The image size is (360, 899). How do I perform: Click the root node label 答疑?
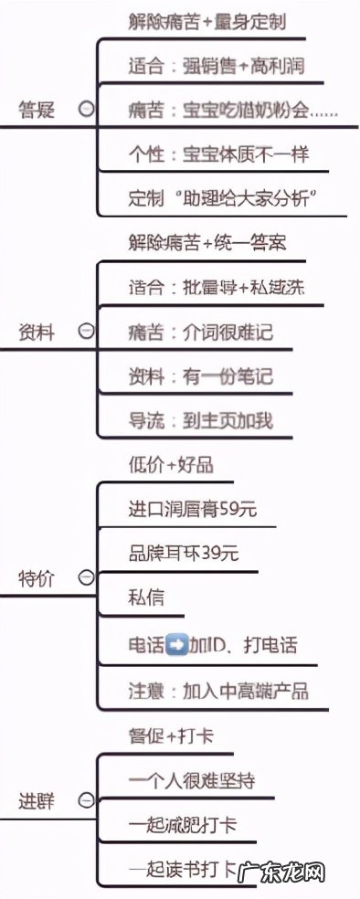[37, 111]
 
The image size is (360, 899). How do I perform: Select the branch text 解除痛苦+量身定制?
[207, 21]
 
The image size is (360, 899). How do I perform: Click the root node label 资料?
[37, 333]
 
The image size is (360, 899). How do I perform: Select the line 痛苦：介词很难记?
[200, 333]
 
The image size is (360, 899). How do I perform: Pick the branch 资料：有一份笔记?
[200, 376]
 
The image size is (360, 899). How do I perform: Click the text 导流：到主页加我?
[200, 421]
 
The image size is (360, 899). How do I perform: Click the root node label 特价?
[37, 577]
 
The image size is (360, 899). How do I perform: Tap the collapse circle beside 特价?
[86, 577]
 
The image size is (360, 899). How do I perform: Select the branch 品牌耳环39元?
[184, 554]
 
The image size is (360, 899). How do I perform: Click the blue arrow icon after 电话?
[177, 645]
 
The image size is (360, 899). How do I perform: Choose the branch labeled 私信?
[146, 598]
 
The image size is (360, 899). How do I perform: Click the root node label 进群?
[37, 801]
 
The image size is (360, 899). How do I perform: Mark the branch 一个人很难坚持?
[191, 779]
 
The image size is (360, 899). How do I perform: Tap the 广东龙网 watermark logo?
[289, 873]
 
